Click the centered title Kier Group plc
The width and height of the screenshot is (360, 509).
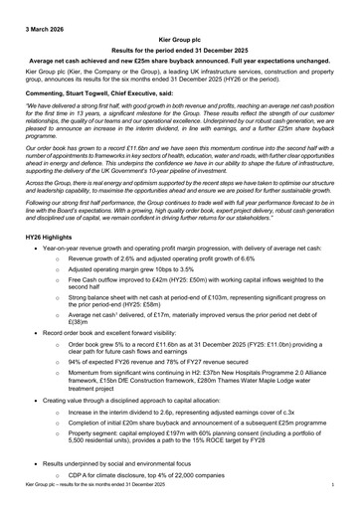coord(179,34)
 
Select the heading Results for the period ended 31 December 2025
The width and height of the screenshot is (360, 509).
coord(179,47)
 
